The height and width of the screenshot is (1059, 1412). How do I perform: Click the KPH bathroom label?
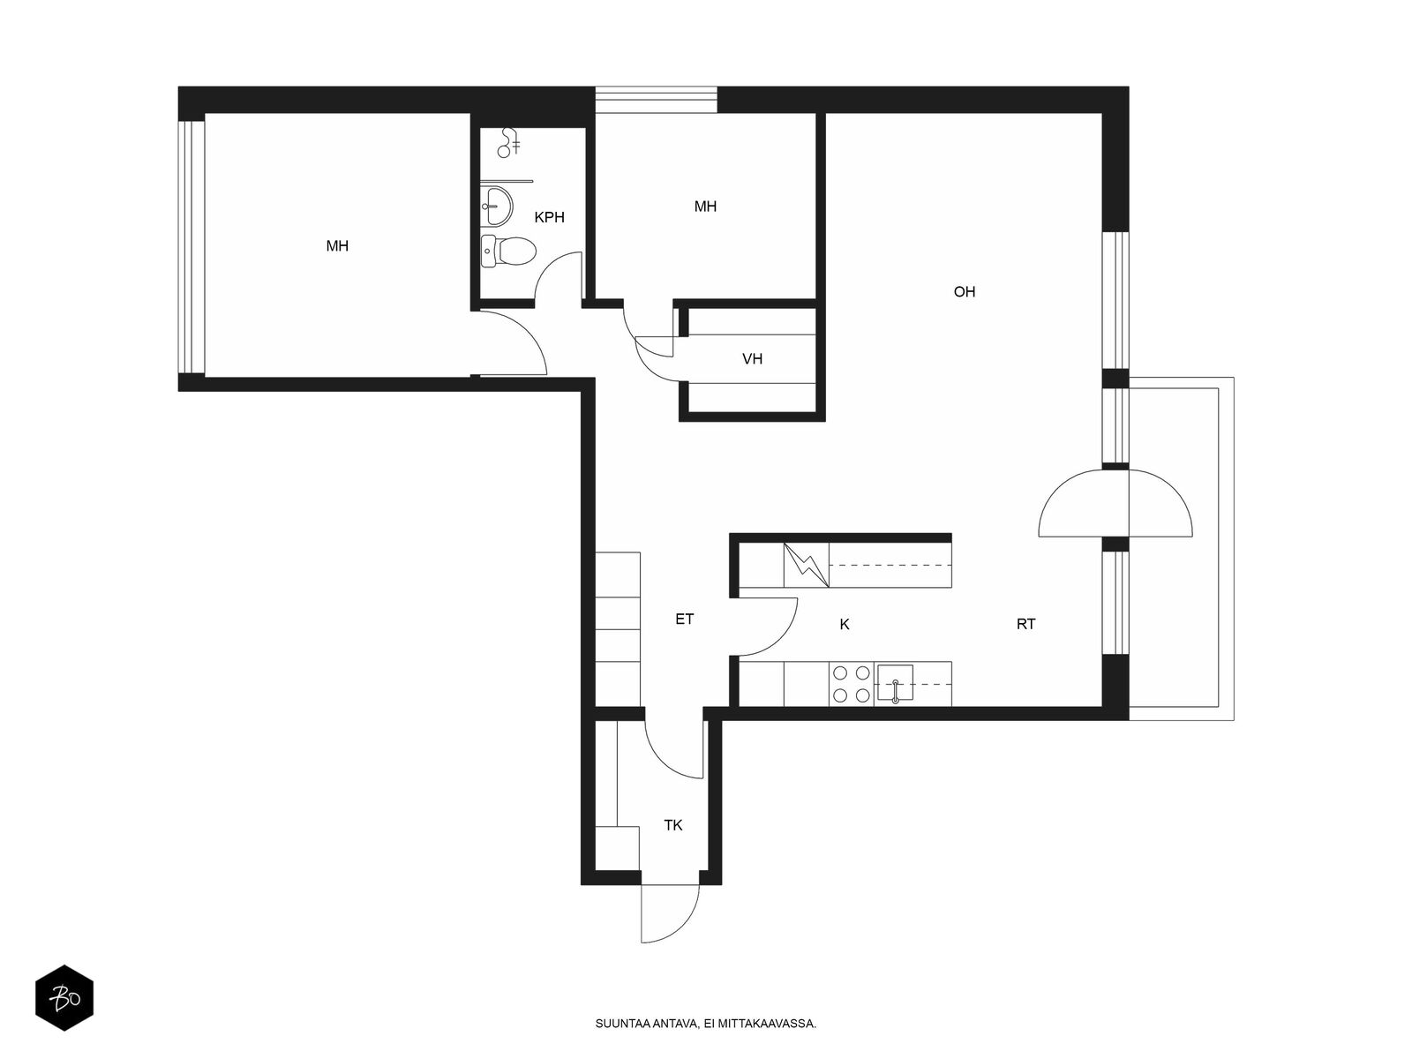[550, 217]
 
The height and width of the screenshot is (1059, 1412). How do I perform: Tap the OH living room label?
[965, 292]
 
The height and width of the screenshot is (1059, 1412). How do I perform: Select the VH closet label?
[752, 359]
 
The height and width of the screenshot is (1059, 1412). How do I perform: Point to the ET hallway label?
[685, 620]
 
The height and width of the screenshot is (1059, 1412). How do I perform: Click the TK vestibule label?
[672, 826]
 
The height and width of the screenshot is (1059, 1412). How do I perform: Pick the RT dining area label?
[1026, 624]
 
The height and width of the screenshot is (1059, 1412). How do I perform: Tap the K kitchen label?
[845, 624]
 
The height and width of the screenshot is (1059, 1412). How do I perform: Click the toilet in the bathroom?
[507, 251]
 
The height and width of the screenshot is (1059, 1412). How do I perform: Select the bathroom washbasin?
[496, 206]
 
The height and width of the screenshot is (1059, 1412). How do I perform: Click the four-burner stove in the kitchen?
[851, 684]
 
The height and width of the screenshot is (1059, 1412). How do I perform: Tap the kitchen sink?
[895, 683]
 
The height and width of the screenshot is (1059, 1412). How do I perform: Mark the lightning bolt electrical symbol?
[806, 565]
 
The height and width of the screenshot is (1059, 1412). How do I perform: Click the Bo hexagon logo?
[64, 997]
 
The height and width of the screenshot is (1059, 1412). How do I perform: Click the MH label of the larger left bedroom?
[337, 245]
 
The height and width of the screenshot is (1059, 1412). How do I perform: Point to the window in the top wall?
[656, 100]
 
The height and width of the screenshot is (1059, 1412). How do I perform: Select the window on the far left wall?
[191, 247]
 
